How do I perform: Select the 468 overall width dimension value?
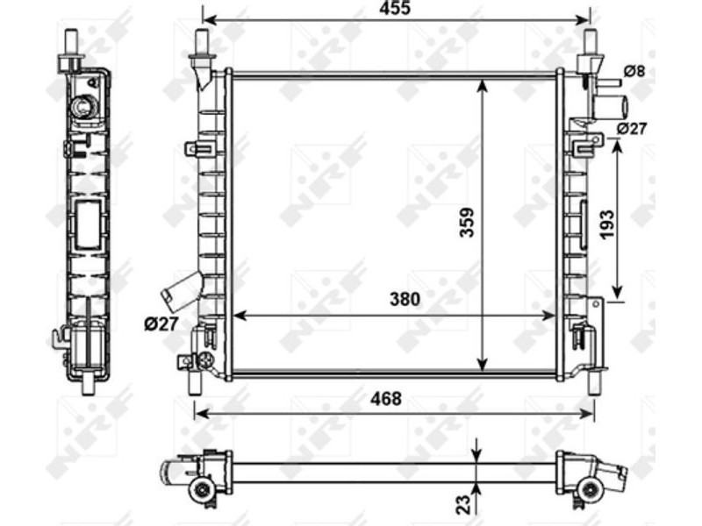coord(386,399)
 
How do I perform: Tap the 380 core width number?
coord(405,299)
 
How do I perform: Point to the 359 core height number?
coord(467,223)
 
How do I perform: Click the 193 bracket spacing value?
coord(606,224)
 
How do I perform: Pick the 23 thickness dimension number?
coord(465,503)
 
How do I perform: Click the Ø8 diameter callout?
coord(634,71)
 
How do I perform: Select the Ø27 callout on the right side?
coord(632,128)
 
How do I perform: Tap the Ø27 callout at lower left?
coord(161,323)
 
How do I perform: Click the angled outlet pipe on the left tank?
coord(182,292)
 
